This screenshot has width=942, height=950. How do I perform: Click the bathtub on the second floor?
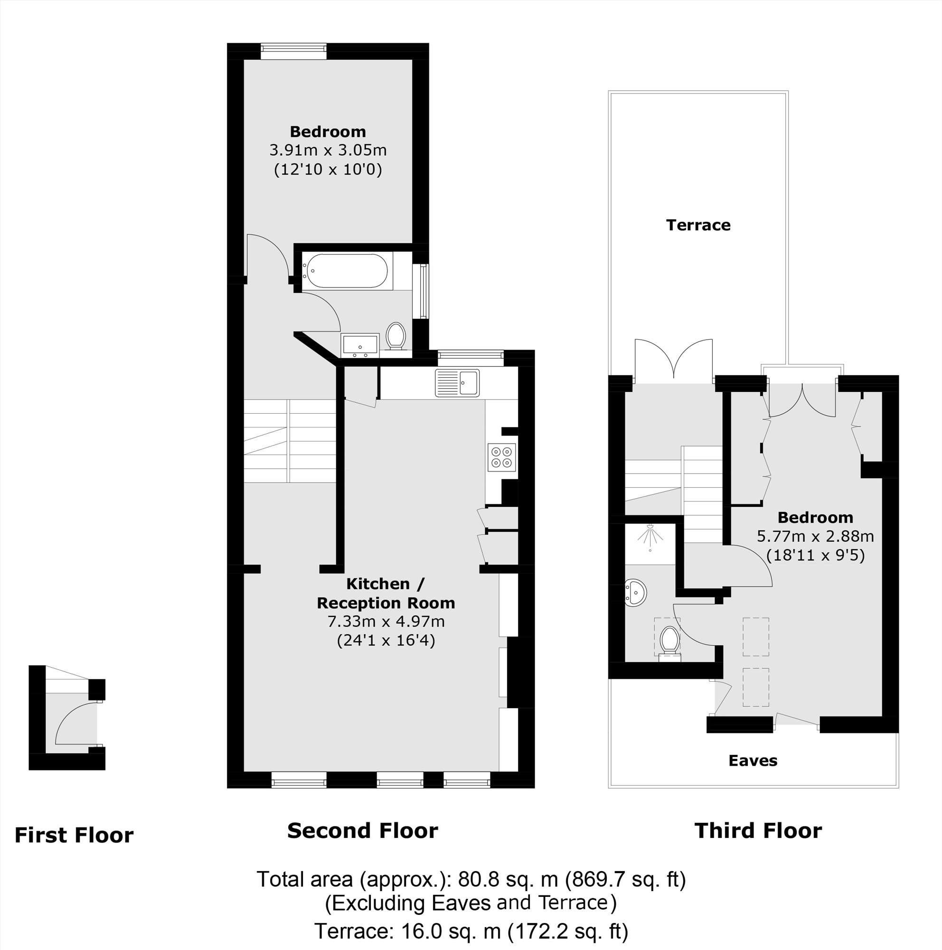[346, 271]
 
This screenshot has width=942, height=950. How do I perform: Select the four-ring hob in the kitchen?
[502, 457]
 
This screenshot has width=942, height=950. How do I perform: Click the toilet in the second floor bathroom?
[396, 336]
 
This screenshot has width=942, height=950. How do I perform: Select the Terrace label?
[698, 225]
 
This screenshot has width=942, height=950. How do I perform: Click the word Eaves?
[753, 760]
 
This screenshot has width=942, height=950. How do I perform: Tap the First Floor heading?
[74, 835]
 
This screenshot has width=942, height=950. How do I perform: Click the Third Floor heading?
[758, 830]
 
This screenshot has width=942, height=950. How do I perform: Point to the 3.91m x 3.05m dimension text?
[328, 150]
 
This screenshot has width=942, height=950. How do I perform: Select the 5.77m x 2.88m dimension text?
[815, 536]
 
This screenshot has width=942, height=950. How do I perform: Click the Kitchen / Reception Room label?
[385, 593]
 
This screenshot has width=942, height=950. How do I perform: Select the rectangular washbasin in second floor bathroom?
[360, 345]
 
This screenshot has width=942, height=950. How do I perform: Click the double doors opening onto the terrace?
[674, 361]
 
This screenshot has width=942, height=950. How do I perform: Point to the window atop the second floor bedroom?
[293, 51]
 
